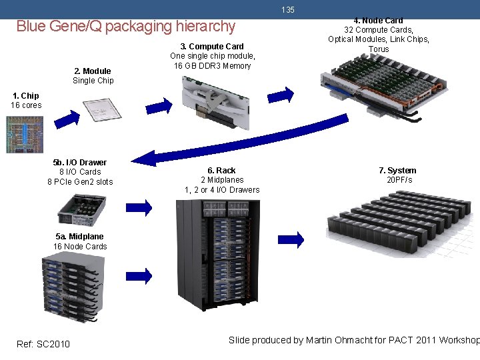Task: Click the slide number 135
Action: [288, 10]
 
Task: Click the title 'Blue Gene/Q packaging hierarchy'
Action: [125, 27]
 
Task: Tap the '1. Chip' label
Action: [25, 95]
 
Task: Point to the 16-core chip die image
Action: [24, 135]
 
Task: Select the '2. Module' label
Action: [93, 71]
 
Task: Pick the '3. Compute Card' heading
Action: [212, 46]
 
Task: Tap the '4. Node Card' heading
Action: [378, 21]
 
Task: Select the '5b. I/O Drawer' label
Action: [80, 162]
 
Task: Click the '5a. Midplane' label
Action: [80, 237]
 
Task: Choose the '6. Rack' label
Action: [221, 171]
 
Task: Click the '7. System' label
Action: [397, 171]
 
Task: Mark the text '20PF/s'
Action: [399, 180]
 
